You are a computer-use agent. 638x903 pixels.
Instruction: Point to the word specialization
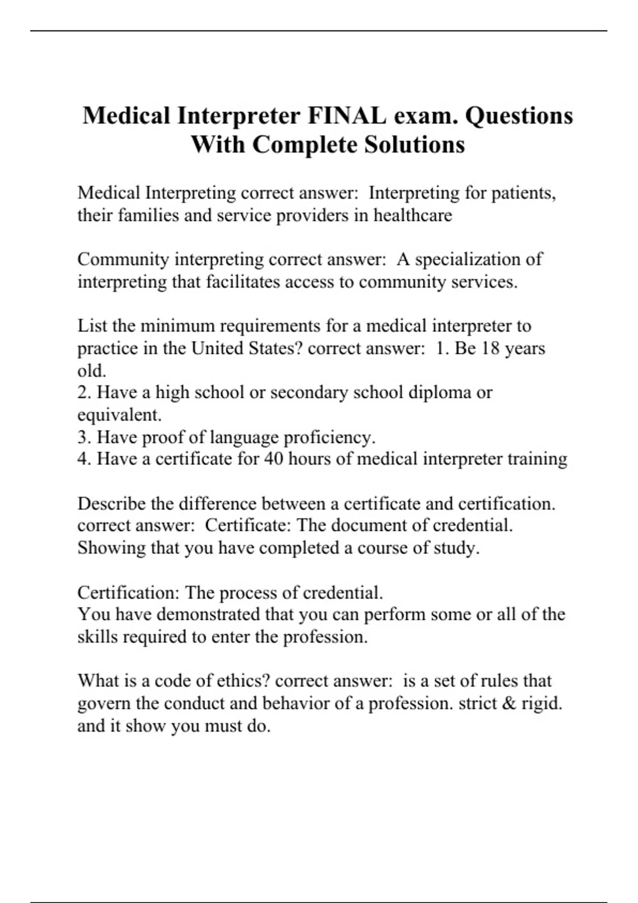pyautogui.click(x=468, y=259)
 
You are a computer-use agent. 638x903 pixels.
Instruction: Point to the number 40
pyautogui.click(x=273, y=459)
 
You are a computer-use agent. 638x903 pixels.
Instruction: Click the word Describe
pyautogui.click(x=112, y=504)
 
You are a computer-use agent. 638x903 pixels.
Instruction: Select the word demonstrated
pyautogui.click(x=208, y=615)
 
